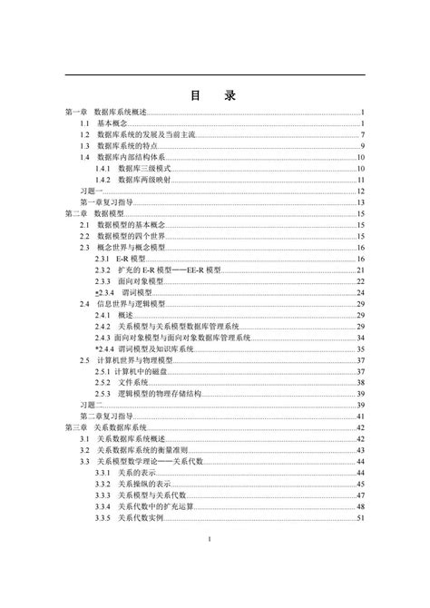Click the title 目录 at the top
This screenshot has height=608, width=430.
(x=215, y=93)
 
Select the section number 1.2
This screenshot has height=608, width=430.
(x=84, y=133)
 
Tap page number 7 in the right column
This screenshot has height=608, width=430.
(x=362, y=133)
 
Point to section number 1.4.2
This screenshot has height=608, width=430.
(x=102, y=180)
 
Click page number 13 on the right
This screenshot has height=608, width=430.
(x=360, y=201)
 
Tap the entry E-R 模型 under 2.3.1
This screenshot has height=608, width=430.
(x=132, y=259)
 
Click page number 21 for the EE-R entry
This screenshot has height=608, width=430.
(x=360, y=270)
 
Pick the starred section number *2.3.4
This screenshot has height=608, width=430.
(x=103, y=292)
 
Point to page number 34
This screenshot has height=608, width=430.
(x=360, y=338)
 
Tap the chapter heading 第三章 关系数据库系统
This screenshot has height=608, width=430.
(x=100, y=427)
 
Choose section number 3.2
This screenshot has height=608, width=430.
(x=84, y=450)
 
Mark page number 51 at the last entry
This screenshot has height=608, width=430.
(x=360, y=517)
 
